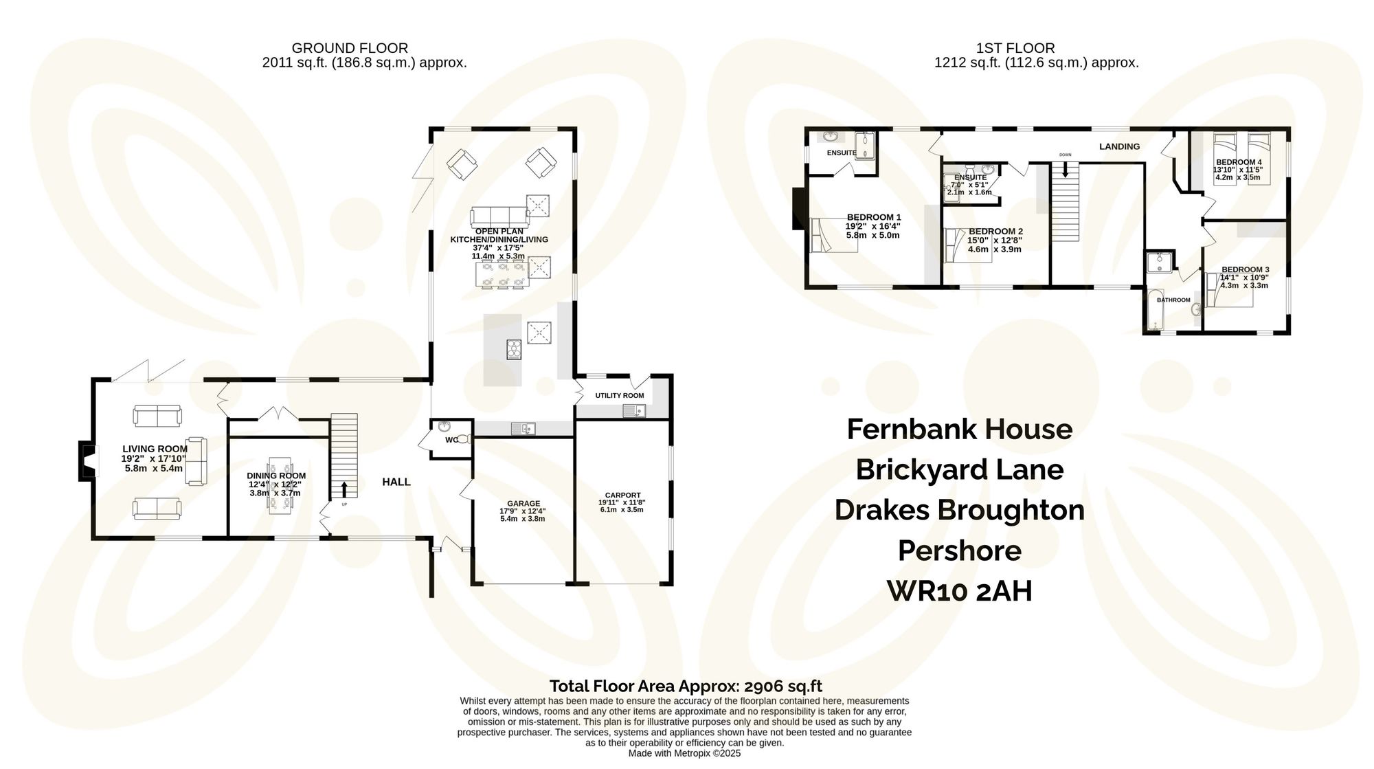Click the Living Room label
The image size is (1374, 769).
click(155, 449)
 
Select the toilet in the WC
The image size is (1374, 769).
click(464, 438)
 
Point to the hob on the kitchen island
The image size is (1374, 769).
click(514, 350)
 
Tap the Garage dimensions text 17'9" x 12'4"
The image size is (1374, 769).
click(522, 511)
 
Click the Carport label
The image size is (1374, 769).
click(622, 495)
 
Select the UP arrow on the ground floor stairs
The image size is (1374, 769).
click(344, 490)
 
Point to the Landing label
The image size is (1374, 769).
click(1119, 146)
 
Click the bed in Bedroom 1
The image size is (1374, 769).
click(833, 236)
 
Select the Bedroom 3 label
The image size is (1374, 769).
click(1245, 269)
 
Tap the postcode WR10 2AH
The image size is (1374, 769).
click(959, 591)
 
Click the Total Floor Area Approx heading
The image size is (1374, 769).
click(685, 686)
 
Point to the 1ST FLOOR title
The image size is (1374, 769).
click(1015, 48)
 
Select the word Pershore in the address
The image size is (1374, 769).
click(959, 550)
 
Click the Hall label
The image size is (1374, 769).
click(396, 482)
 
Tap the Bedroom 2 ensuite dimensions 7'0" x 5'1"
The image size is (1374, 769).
click(969, 185)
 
